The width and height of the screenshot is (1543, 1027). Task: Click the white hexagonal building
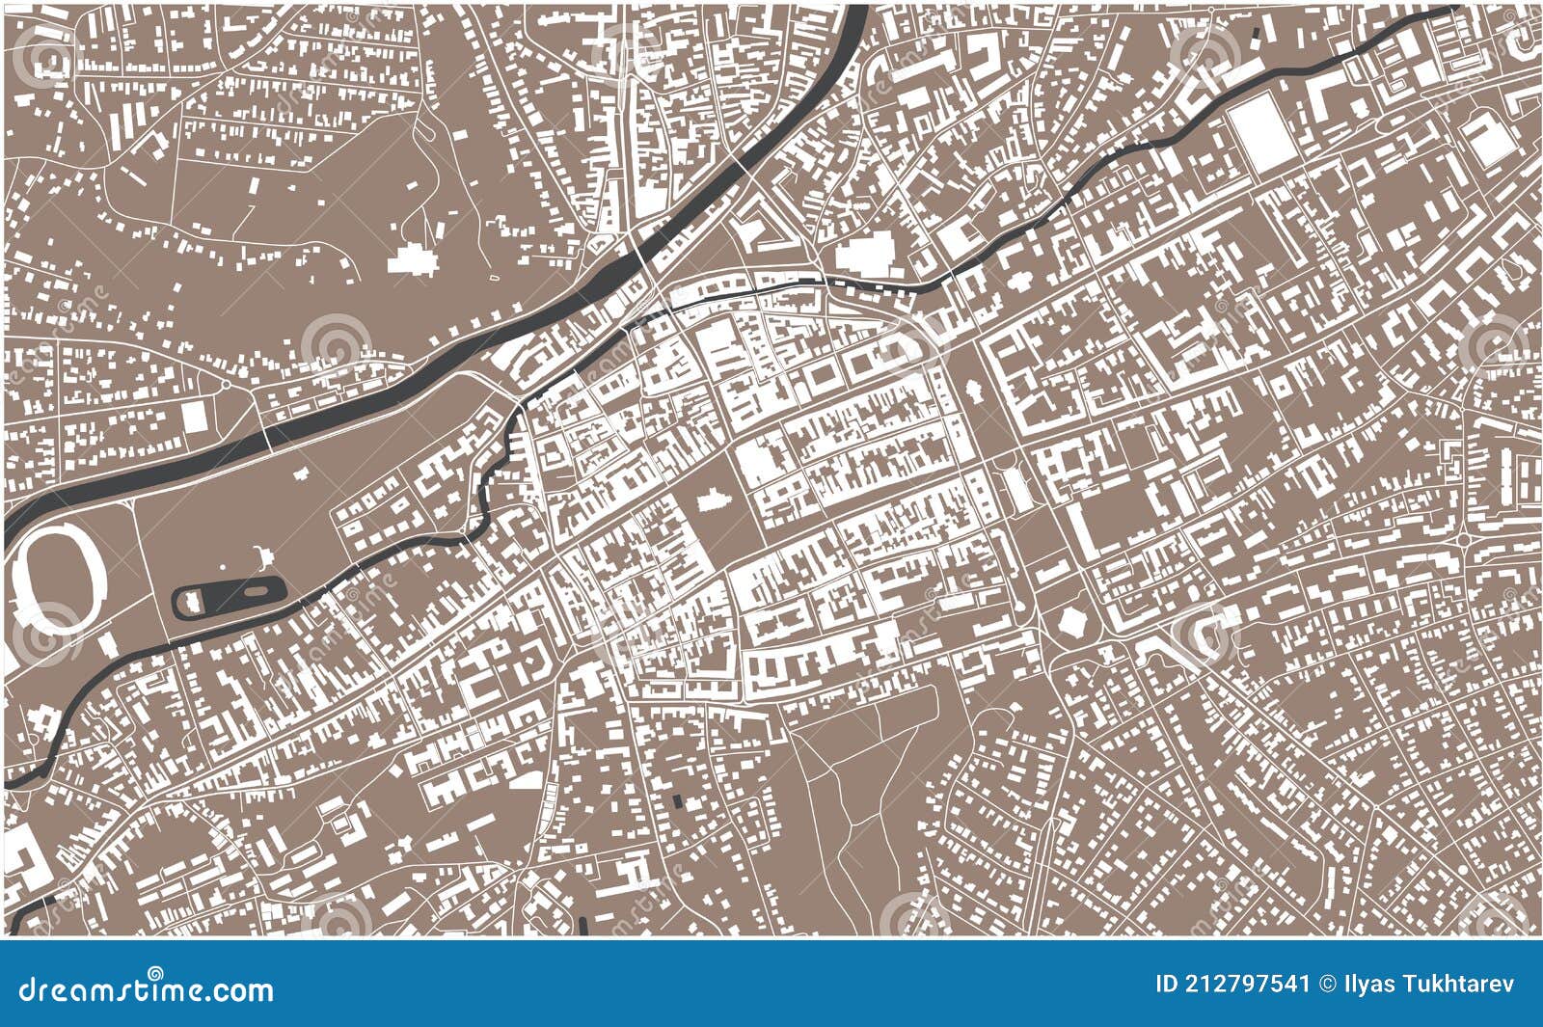point(1071,620)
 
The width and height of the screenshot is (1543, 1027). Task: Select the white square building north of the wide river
point(195,417)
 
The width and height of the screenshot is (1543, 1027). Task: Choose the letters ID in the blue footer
point(1166,985)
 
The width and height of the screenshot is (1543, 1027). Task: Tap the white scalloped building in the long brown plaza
point(971,391)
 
